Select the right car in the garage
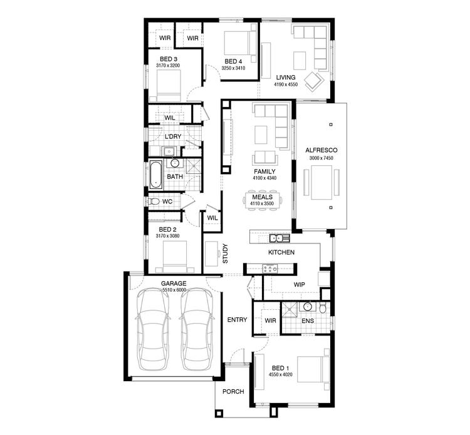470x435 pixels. coord(196,329)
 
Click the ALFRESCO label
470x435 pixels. coord(321,150)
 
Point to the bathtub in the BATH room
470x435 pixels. coord(155,175)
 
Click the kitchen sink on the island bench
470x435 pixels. coord(278,238)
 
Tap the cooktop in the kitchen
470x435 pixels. coord(270,269)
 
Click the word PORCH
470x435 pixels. coord(232,392)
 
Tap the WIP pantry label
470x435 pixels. coord(299,284)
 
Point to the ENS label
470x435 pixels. coord(307,321)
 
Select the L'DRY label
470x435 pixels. coord(173,136)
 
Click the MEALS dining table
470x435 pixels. coord(263,199)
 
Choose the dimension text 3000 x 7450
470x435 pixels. coord(321,158)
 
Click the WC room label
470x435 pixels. coord(167,202)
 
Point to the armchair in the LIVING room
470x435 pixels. coord(313,80)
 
